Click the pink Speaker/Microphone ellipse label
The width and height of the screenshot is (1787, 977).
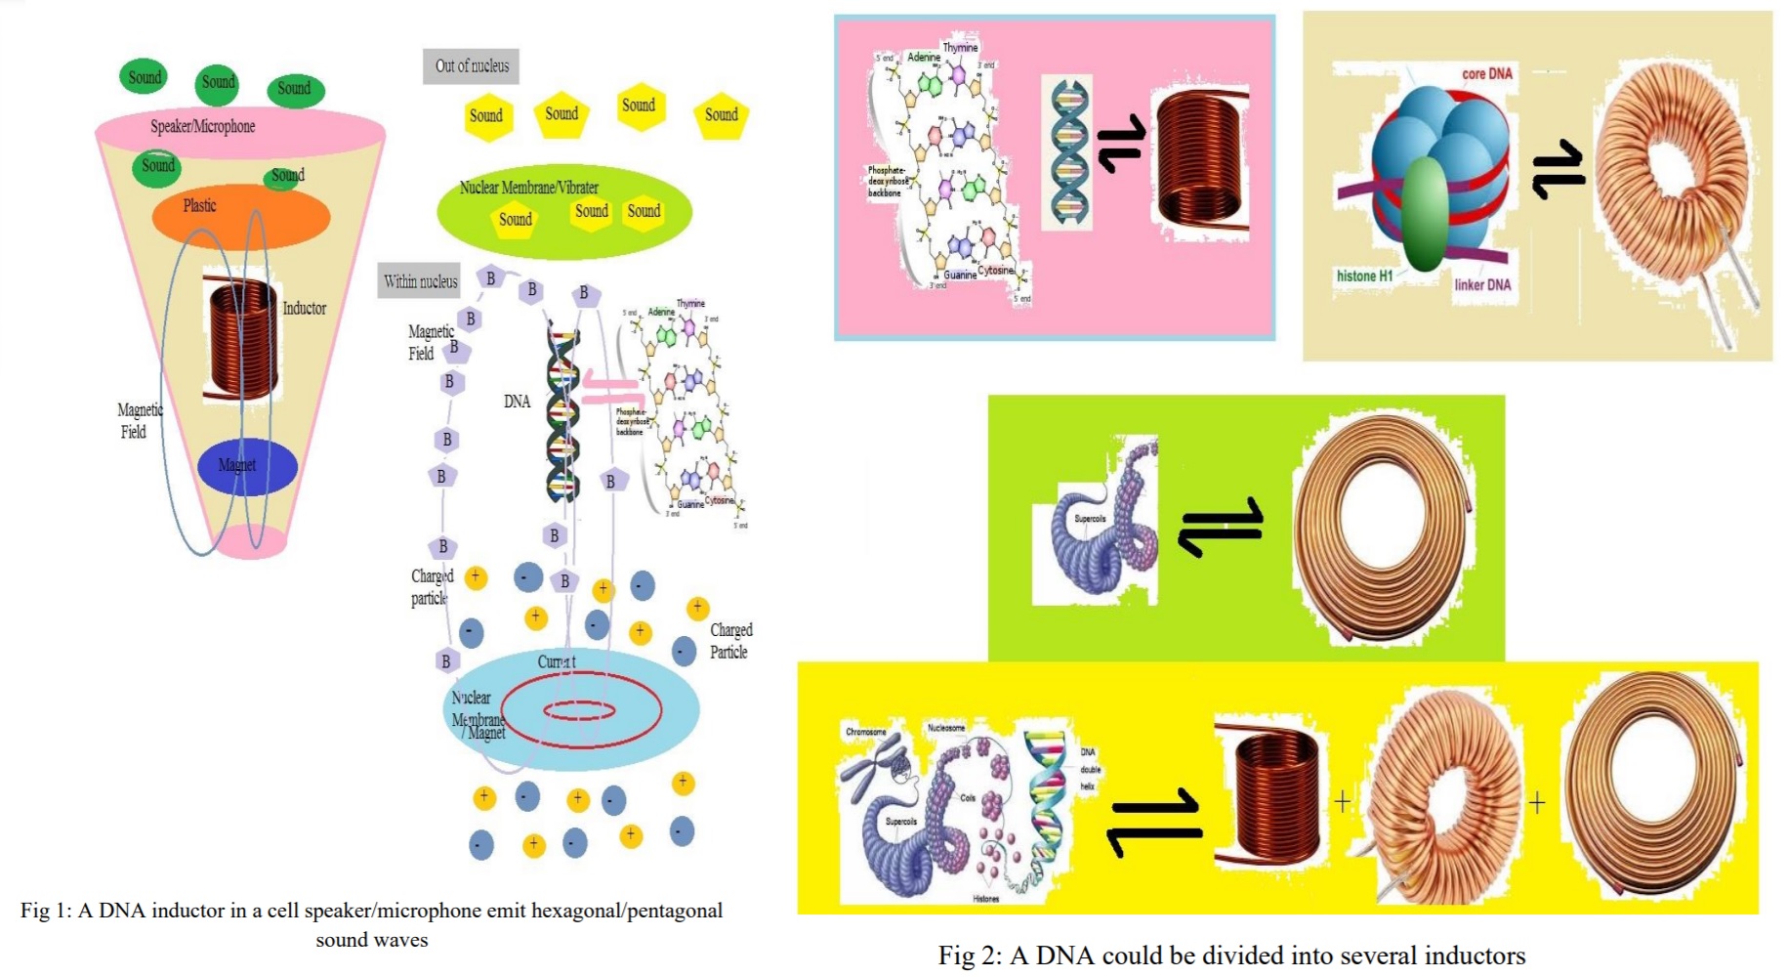tap(203, 126)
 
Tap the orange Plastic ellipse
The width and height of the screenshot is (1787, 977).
tap(240, 215)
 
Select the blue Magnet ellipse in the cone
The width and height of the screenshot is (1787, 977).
tap(247, 466)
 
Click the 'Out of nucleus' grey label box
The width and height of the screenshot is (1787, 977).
tap(472, 65)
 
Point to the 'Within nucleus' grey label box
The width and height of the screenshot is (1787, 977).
tap(420, 281)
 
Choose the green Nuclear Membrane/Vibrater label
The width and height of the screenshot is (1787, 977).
tap(528, 187)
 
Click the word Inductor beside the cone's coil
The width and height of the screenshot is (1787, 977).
tap(304, 308)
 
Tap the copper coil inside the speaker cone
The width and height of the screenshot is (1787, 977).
tap(240, 338)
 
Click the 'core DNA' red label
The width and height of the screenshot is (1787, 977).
tap(1486, 73)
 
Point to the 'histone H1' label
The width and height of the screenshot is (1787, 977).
tap(1364, 276)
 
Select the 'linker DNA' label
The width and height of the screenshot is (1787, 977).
tap(1481, 284)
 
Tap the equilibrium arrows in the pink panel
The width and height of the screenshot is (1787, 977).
tap(1120, 143)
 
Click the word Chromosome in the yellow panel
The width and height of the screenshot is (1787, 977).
tap(865, 731)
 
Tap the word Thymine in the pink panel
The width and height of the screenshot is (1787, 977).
tap(959, 47)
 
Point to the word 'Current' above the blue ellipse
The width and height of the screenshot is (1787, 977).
tap(557, 661)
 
